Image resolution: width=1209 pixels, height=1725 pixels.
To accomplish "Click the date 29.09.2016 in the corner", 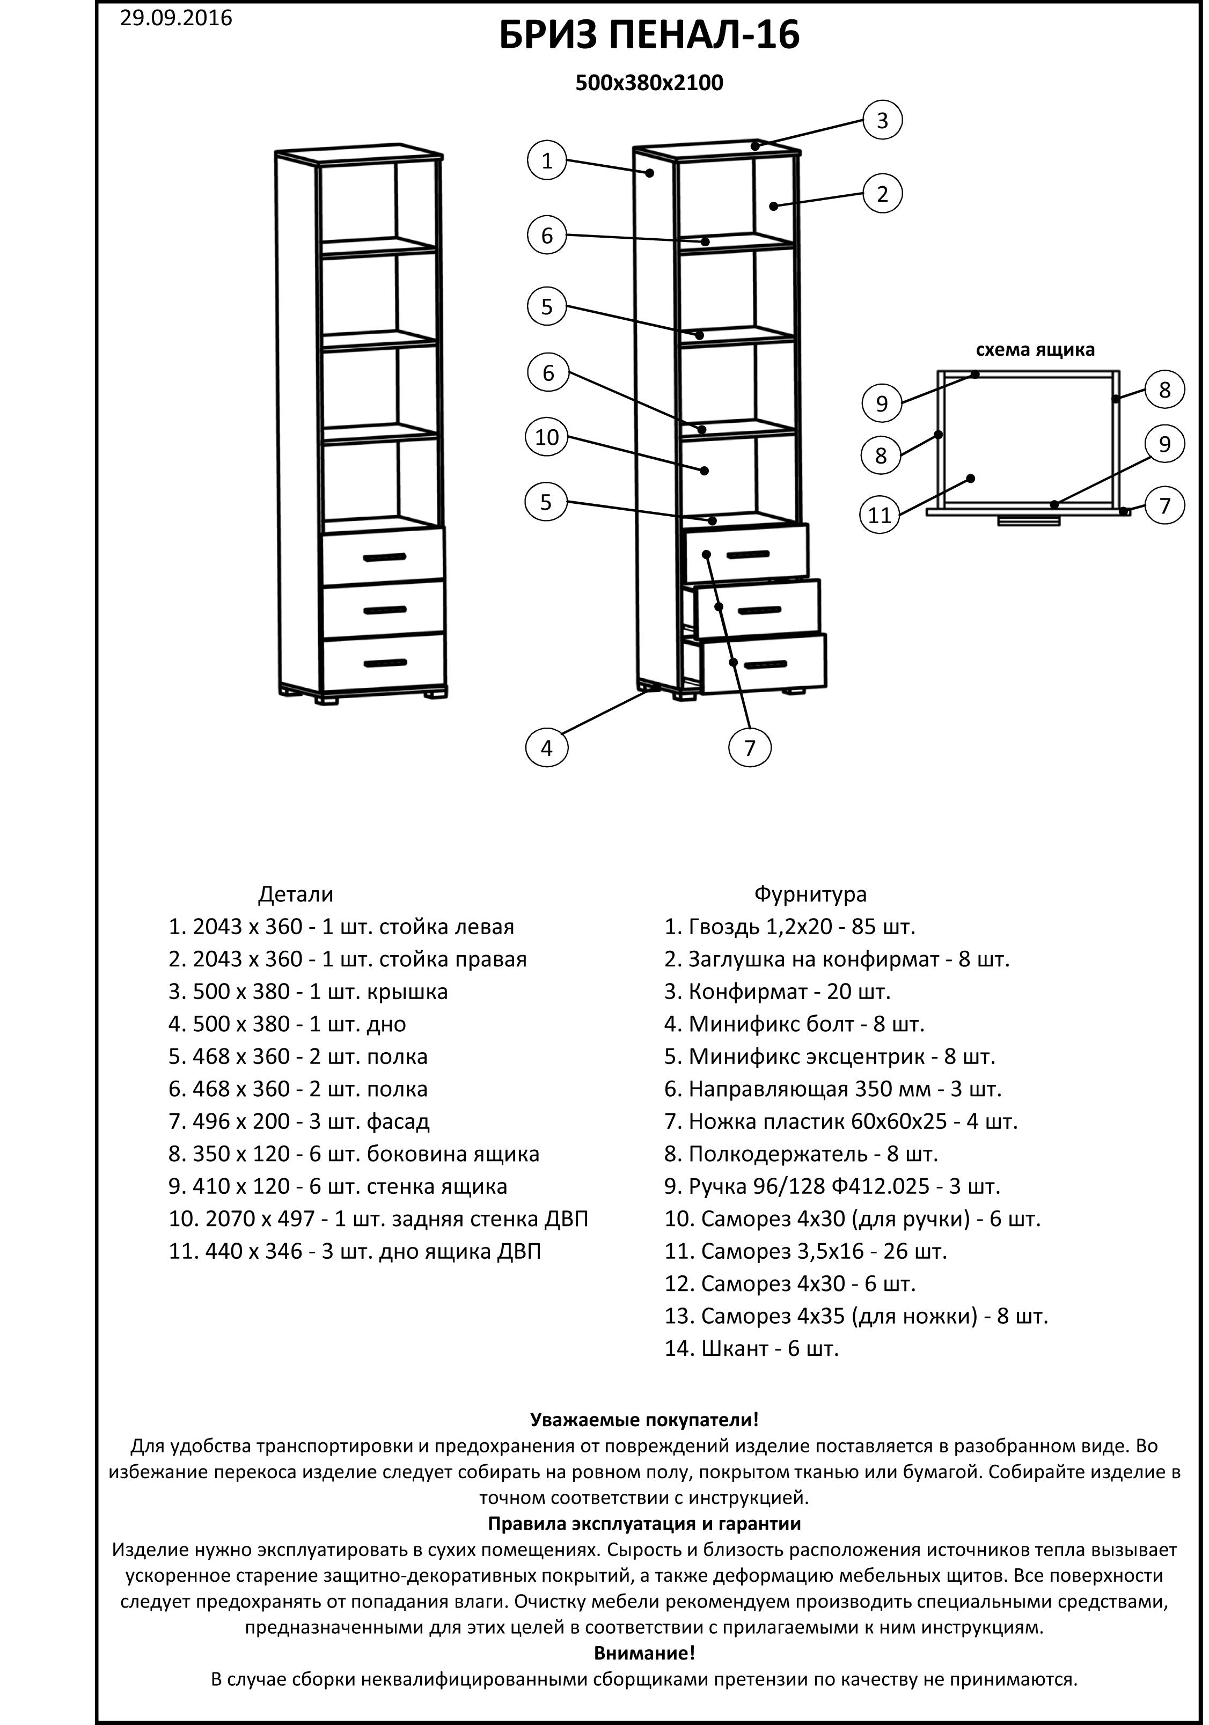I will [176, 18].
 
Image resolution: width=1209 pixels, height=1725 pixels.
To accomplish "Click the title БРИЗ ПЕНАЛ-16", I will [649, 35].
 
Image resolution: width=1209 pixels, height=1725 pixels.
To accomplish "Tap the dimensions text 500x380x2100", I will [649, 83].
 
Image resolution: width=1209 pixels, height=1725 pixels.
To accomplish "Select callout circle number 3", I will [882, 120].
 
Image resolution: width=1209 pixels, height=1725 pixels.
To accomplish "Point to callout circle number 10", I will [547, 437].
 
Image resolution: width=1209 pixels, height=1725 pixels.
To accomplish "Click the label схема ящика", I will [1035, 350].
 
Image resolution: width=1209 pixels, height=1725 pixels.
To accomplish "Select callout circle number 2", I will [882, 194].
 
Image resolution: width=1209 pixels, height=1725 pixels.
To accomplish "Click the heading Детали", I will [295, 894].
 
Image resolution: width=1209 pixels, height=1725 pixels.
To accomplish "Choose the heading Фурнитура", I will [810, 894].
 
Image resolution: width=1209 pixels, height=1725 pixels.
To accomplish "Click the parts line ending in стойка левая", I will [342, 927].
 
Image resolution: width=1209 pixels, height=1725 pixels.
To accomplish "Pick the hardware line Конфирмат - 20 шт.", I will [777, 992].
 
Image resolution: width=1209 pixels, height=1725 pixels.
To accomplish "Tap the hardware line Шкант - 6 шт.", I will [751, 1348].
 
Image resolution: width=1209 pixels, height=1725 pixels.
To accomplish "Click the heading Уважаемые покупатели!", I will [644, 1420].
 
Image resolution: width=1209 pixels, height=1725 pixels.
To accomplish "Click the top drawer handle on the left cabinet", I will [384, 557].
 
